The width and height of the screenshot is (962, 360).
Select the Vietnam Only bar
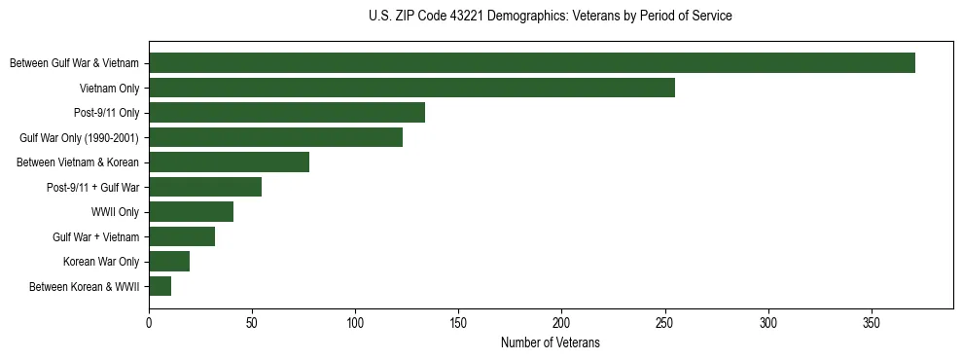pyautogui.click(x=411, y=88)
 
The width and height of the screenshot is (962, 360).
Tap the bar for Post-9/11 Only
pyautogui.click(x=287, y=113)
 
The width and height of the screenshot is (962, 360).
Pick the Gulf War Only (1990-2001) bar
pyautogui.click(x=275, y=137)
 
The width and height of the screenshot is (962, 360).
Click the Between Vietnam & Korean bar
pyautogui.click(x=229, y=162)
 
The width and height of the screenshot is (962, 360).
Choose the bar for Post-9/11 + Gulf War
pyautogui.click(x=205, y=187)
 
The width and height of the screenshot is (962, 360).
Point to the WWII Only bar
pyautogui.click(x=192, y=212)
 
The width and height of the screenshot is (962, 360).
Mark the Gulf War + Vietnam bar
pyautogui.click(x=182, y=236)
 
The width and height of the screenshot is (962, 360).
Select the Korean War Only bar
pyautogui.click(x=169, y=261)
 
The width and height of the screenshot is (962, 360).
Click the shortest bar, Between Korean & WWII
pyautogui.click(x=160, y=286)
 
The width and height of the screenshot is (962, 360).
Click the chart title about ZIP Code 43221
pyautogui.click(x=551, y=17)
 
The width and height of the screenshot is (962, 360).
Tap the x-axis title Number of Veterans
pyautogui.click(x=551, y=343)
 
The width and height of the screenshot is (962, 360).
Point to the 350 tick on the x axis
pyautogui.click(x=872, y=322)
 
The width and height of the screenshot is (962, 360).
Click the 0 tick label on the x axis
pyautogui.click(x=149, y=322)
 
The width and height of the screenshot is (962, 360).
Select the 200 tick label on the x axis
pyautogui.click(x=562, y=322)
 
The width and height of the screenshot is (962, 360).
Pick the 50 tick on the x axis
pyautogui.click(x=252, y=322)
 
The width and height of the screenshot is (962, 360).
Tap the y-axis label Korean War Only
pyautogui.click(x=101, y=262)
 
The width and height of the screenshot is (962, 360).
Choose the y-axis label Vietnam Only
pyautogui.click(x=109, y=89)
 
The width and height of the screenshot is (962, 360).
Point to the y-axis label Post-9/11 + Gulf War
pyautogui.click(x=92, y=188)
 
